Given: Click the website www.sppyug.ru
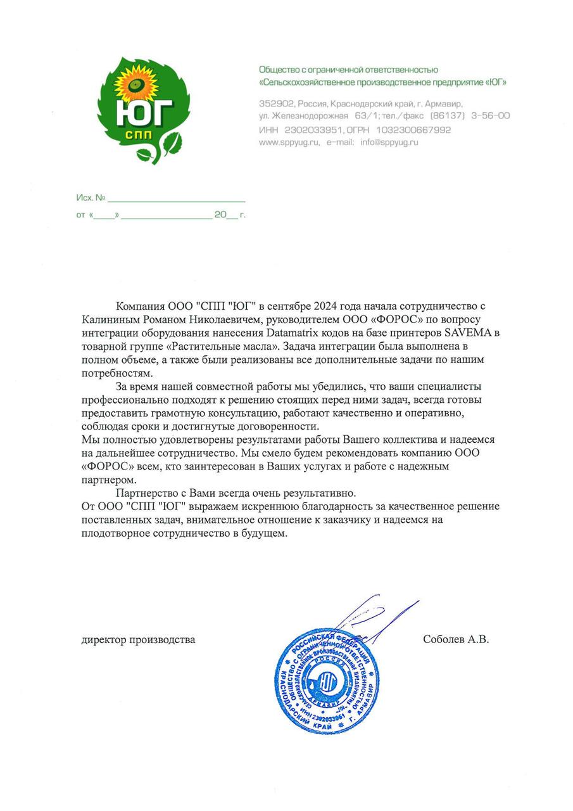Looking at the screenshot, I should [289, 143].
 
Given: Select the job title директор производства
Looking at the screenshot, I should [138, 639].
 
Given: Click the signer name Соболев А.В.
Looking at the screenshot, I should [456, 639].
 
